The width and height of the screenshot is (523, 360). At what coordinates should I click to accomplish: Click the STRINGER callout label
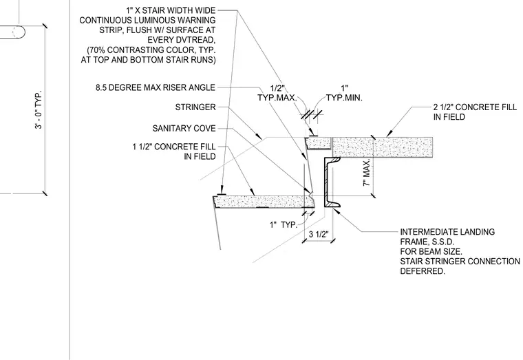pyautogui.click(x=195, y=107)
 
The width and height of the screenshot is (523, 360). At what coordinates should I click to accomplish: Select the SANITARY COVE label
pyautogui.click(x=184, y=129)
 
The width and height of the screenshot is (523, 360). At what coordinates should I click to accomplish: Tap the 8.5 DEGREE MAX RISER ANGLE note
pyautogui.click(x=156, y=87)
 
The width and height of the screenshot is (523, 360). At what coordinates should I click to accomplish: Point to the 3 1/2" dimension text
pyautogui.click(x=319, y=234)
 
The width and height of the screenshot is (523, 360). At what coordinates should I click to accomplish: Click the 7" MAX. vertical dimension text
pyautogui.click(x=367, y=173)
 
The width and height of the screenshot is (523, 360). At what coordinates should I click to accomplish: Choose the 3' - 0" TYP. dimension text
pyautogui.click(x=39, y=109)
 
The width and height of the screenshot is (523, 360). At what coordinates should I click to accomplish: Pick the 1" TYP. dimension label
pyautogui.click(x=284, y=225)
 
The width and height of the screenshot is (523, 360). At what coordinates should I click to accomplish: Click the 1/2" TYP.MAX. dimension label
pyautogui.click(x=277, y=93)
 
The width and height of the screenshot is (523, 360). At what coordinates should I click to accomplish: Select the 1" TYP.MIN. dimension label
pyautogui.click(x=344, y=93)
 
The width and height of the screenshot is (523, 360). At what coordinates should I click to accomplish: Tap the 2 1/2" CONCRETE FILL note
pyautogui.click(x=475, y=112)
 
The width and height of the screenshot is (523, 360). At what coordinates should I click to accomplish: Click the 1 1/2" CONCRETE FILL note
pyautogui.click(x=174, y=151)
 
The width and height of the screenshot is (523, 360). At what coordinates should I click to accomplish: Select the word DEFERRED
pyautogui.click(x=423, y=271)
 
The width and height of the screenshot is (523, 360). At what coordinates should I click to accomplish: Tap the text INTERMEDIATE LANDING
pyautogui.click(x=447, y=232)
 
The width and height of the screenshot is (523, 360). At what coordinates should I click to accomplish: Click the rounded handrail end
pyautogui.click(x=19, y=32)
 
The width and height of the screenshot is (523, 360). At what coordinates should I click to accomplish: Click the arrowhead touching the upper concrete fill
pyautogui.click(x=389, y=134)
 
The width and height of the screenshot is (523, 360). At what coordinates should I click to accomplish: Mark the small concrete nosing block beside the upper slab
pyautogui.click(x=318, y=143)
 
